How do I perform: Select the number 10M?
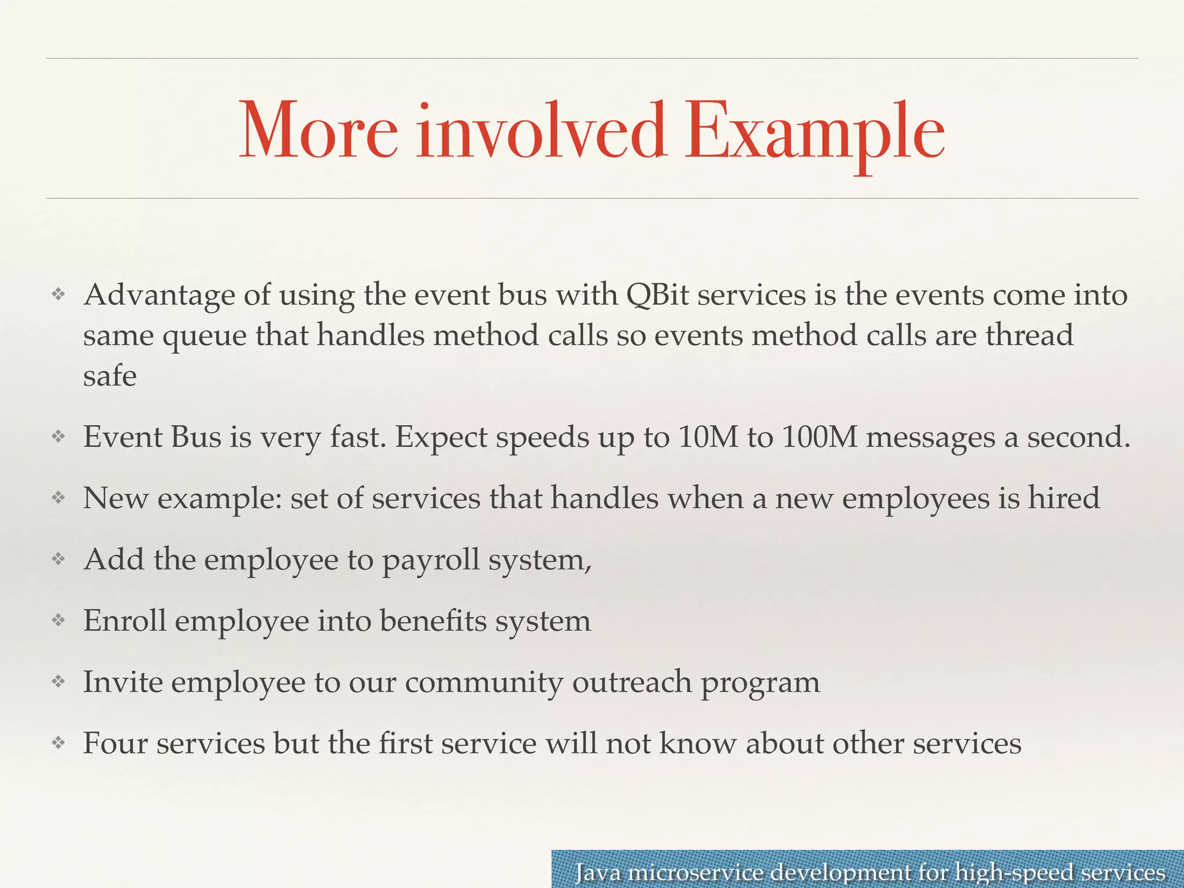pyautogui.click(x=708, y=437)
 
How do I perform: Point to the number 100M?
pyautogui.click(x=819, y=437)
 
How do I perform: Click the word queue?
pyautogui.click(x=204, y=336)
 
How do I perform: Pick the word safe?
pyautogui.click(x=110, y=376)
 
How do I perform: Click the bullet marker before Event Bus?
pyautogui.click(x=58, y=437)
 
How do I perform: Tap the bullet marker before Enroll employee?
pyautogui.click(x=58, y=621)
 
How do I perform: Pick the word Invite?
pyautogui.click(x=123, y=682)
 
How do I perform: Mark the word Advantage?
pyautogui.click(x=159, y=296)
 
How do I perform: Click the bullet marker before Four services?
pyautogui.click(x=58, y=743)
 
